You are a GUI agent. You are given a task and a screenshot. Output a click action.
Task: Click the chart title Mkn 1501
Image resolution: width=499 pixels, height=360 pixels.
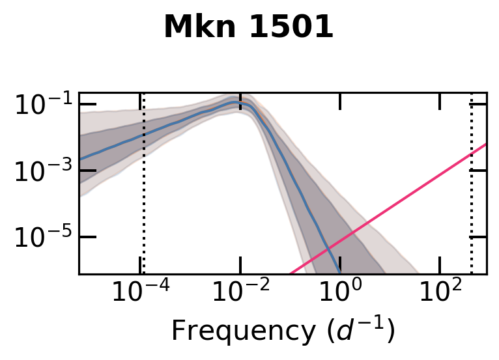tap(248, 27)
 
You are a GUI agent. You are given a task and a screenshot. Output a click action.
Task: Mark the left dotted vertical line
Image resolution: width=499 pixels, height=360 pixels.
tap(143, 195)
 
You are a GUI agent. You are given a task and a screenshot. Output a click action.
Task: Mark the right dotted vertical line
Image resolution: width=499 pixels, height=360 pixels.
tap(471, 195)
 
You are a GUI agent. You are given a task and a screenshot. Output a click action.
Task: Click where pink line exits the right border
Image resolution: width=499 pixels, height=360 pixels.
tap(486, 144)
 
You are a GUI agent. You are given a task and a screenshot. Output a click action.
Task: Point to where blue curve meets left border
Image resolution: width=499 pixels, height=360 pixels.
tap(80, 159)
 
